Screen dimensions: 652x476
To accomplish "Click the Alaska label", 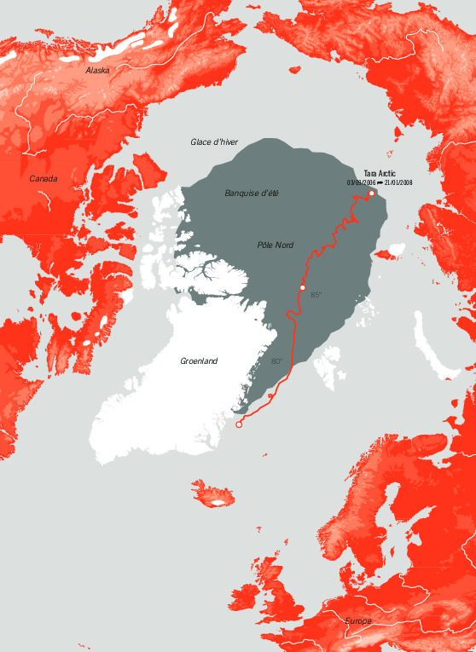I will (97, 70).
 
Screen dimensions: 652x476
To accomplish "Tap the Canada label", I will (44, 178).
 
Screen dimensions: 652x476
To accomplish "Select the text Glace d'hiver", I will (213, 141).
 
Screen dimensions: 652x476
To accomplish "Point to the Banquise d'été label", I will (252, 193).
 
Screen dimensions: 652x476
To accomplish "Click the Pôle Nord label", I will (275, 245).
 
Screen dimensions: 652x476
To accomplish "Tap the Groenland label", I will (199, 361).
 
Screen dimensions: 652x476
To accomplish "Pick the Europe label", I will (358, 621).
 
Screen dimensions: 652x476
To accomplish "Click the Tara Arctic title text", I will (380, 173).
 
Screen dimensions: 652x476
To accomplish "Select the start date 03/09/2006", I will (362, 182).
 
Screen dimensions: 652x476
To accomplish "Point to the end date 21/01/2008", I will (398, 182).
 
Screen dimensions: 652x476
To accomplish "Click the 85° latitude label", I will (316, 295).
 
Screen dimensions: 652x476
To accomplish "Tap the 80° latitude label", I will (277, 361).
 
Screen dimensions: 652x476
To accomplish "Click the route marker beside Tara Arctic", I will (371, 193).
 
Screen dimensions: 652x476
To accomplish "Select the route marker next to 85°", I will (302, 289).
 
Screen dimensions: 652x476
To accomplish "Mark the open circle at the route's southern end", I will (239, 424).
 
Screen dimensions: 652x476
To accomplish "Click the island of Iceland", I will (213, 495).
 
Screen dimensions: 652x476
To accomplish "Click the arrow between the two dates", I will (380, 182).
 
